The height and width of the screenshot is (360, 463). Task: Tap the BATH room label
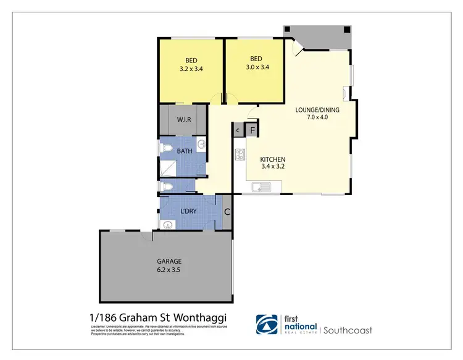184,151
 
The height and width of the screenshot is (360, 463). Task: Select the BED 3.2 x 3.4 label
191,65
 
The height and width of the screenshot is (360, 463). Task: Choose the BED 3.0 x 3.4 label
254,65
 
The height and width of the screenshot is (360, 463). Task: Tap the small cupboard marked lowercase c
238,130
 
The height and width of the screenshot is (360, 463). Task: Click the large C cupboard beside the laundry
227,212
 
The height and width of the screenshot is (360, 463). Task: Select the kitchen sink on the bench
261,186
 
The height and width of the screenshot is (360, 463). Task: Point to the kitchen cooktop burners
238,155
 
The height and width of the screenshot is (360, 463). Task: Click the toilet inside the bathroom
165,186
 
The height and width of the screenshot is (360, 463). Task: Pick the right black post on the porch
346,29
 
